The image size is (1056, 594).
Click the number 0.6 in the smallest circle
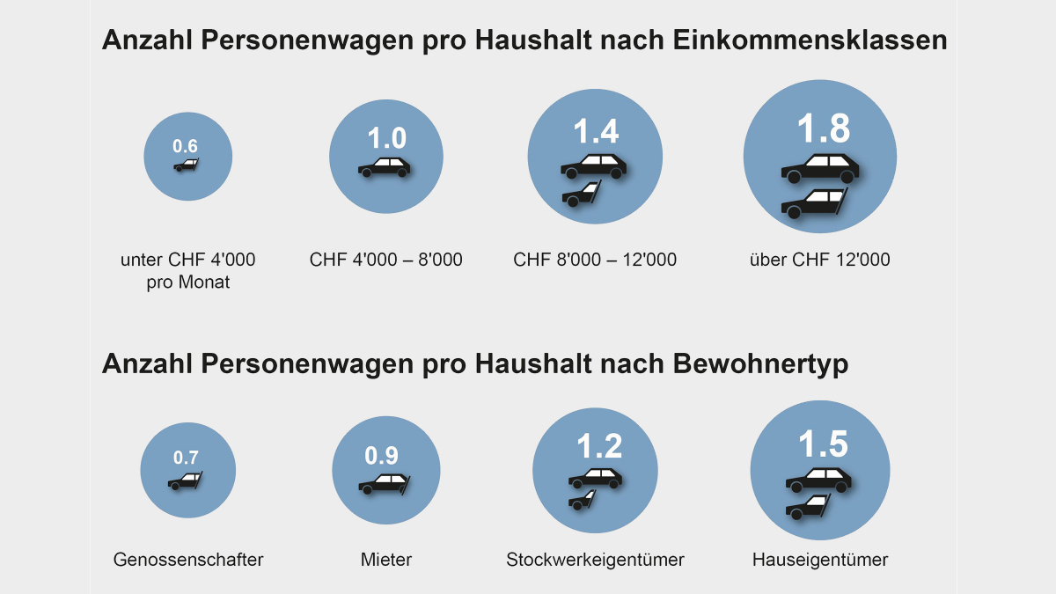point(186,146)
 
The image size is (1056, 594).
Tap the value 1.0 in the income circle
point(386,138)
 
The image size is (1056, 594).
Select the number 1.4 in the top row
point(596,130)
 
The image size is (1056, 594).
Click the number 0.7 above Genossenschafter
point(186,458)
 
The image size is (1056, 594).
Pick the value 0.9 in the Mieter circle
point(381,455)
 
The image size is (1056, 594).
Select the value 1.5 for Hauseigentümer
point(823,444)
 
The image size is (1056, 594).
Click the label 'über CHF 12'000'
point(819,260)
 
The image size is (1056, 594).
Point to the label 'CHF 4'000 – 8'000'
point(386,260)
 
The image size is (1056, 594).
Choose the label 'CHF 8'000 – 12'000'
point(595,260)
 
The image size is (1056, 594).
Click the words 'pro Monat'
point(188,282)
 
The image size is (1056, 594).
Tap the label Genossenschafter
point(188,560)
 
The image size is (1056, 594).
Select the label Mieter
point(385,560)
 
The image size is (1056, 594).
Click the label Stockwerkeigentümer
point(595,560)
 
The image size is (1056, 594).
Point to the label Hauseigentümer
point(820,560)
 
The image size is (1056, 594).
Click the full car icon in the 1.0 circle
point(385,167)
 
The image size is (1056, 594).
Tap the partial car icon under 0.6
point(186,165)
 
